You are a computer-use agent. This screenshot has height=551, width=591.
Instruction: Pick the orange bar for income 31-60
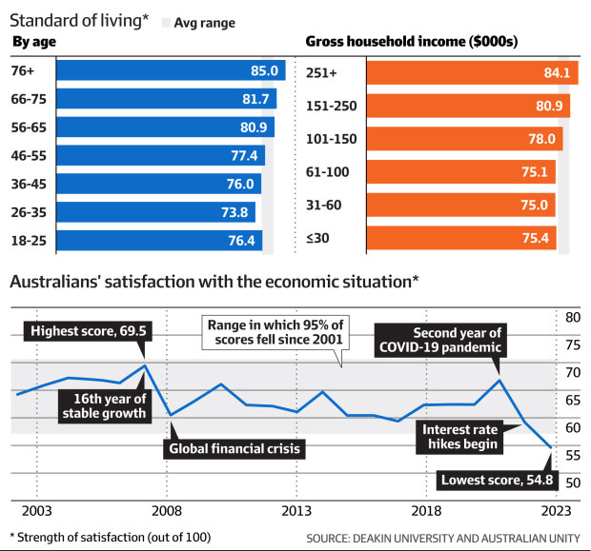[x=461, y=205]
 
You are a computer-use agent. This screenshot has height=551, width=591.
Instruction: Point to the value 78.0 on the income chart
[x=540, y=138]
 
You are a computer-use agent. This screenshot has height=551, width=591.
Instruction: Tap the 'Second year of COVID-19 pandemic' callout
[x=439, y=341]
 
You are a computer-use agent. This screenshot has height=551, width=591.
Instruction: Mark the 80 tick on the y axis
[x=573, y=317]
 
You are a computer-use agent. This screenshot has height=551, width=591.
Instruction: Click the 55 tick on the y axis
[x=573, y=456]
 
